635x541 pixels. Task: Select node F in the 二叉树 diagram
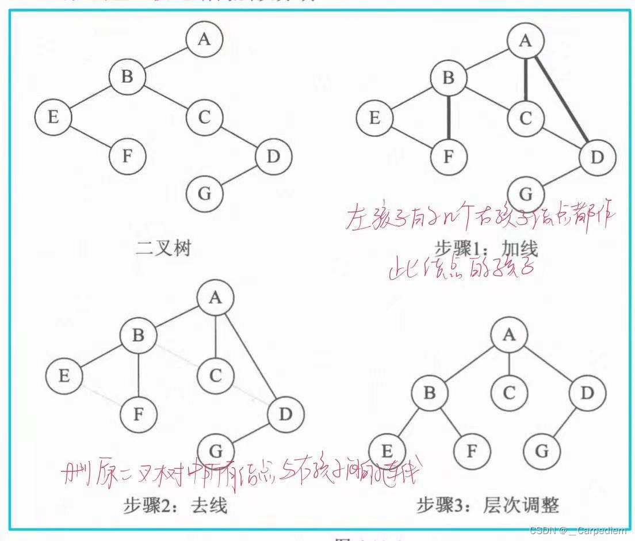(x=128, y=157)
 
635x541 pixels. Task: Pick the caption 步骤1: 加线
(x=485, y=249)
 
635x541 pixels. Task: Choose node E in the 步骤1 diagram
(x=374, y=119)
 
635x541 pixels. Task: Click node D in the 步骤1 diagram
(x=597, y=157)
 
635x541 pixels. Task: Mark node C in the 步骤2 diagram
(x=215, y=376)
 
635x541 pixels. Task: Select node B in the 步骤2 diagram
(x=138, y=336)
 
